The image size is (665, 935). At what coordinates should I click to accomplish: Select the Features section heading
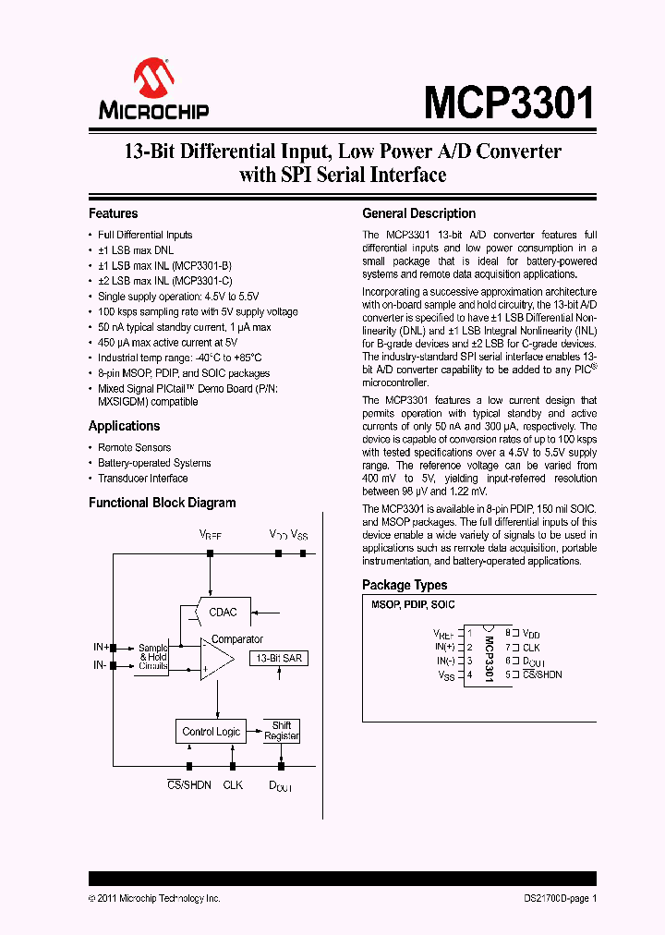pos(113,213)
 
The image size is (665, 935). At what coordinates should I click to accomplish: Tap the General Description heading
pos(418,213)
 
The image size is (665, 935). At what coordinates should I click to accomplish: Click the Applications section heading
pos(124,426)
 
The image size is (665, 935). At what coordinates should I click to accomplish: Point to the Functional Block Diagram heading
pos(162,503)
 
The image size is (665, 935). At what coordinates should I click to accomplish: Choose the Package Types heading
pos(405,585)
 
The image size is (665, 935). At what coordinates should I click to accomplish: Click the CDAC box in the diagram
pos(223,612)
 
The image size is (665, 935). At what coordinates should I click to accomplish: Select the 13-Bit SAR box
pos(278,658)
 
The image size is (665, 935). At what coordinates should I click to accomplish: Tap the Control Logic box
pos(211,732)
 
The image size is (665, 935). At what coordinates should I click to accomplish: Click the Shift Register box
pos(281,731)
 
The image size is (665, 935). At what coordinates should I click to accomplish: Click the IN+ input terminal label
pos(100,648)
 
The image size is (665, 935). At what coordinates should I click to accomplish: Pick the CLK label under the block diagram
pos(233,784)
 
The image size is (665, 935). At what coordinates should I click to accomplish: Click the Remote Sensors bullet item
pos(134,447)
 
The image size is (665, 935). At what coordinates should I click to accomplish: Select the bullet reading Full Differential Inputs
pos(145,235)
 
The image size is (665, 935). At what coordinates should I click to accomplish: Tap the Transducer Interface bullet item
pos(142,479)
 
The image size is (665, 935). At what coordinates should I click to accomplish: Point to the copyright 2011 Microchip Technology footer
pos(154,898)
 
